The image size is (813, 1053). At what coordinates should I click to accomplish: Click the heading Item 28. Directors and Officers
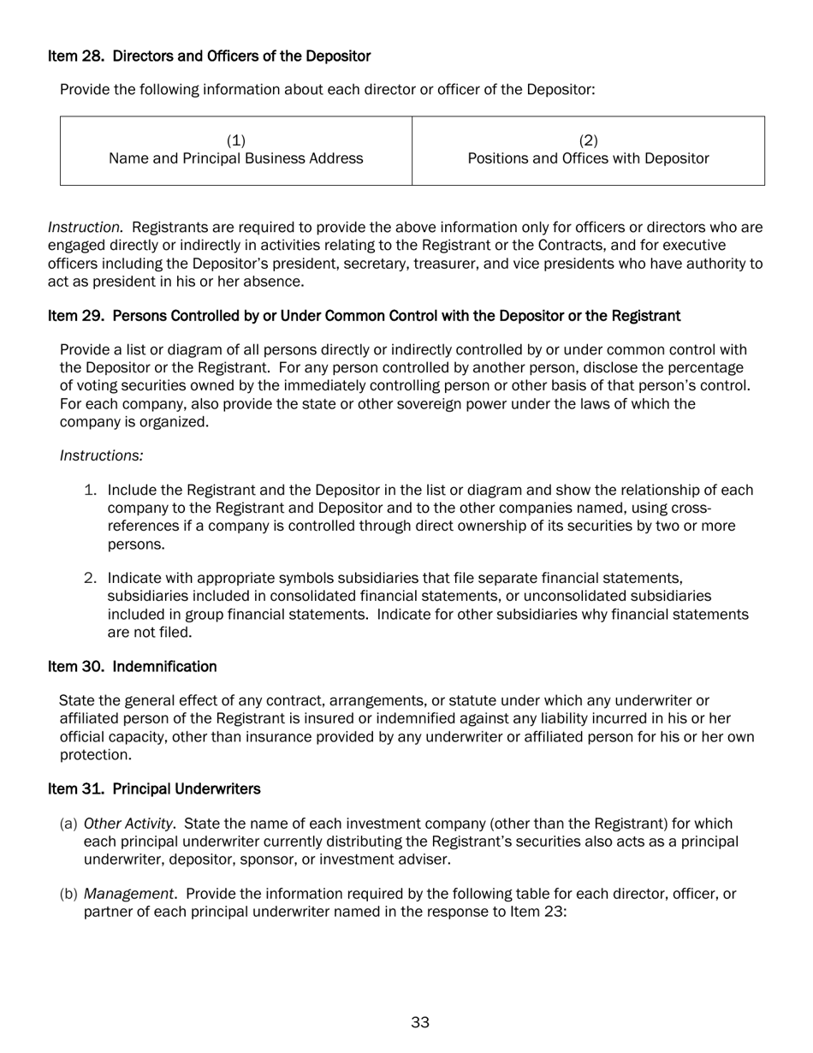tap(209, 57)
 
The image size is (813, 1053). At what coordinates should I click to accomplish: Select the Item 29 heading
tap(364, 316)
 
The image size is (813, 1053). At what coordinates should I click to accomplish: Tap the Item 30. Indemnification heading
tap(132, 666)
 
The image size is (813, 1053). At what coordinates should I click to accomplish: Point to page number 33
tap(419, 1022)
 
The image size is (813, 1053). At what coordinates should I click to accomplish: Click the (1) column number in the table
tap(235, 140)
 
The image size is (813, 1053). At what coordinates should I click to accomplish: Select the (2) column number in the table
tap(588, 140)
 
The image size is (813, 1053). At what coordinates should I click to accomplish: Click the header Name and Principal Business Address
tap(235, 158)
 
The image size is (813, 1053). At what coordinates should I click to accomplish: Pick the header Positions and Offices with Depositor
tap(588, 158)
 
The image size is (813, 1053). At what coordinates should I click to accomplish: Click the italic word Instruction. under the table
tap(86, 228)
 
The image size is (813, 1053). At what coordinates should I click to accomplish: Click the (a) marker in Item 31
tap(68, 824)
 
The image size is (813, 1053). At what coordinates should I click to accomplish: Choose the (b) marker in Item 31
tap(68, 895)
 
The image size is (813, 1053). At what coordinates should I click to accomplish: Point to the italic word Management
tap(131, 895)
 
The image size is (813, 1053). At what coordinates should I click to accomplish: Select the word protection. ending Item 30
tap(95, 755)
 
